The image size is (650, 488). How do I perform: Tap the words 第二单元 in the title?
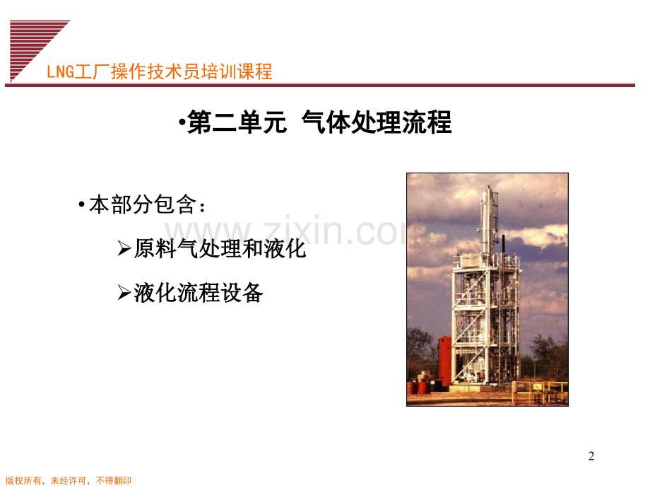click(x=237, y=124)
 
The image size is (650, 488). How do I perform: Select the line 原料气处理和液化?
click(x=220, y=249)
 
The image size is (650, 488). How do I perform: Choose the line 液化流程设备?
click(x=199, y=293)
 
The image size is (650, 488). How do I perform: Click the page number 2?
click(x=591, y=456)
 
